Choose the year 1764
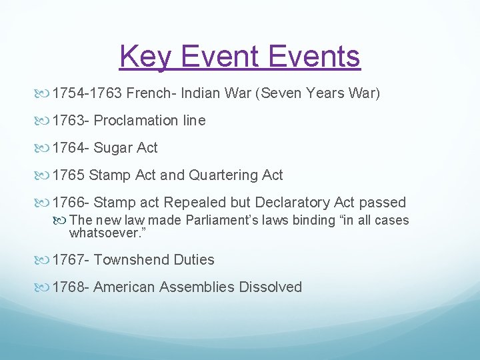tap(70, 148)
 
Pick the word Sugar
tap(114, 148)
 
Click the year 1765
tap(69, 175)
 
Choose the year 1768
tap(70, 287)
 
